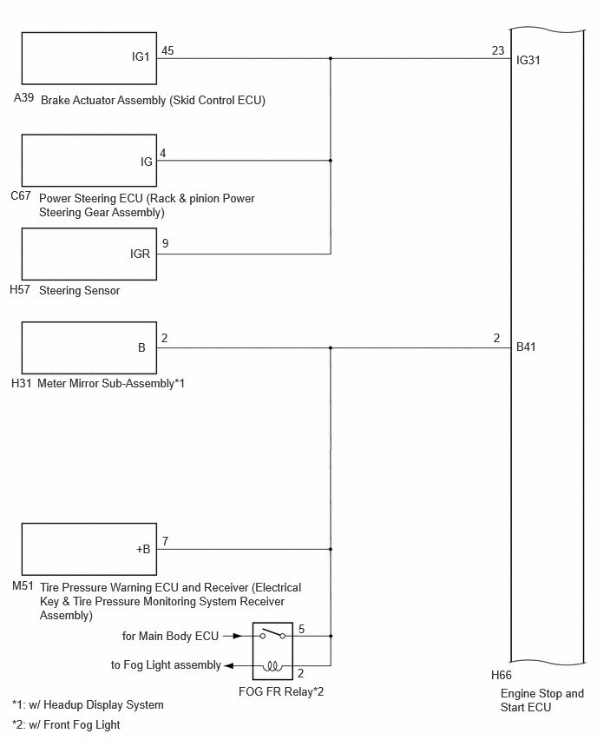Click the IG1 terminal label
[x=141, y=56]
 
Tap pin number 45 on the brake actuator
[x=167, y=50]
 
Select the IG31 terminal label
[x=528, y=60]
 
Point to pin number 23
[x=498, y=50]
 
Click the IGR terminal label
[x=140, y=254]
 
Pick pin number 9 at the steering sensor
[x=165, y=243]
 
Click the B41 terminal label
[x=526, y=347]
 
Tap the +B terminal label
[x=143, y=549]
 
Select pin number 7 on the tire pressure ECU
[x=165, y=541]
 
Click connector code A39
[x=23, y=97]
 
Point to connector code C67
[x=21, y=195]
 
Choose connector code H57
[x=20, y=289]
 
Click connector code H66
[x=501, y=675]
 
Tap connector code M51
[x=23, y=585]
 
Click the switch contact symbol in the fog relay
[x=272, y=634]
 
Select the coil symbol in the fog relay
[x=272, y=666]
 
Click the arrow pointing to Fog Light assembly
[x=229, y=666]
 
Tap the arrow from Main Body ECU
[x=233, y=636]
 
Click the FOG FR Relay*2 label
[x=281, y=691]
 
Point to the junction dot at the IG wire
[x=331, y=161]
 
